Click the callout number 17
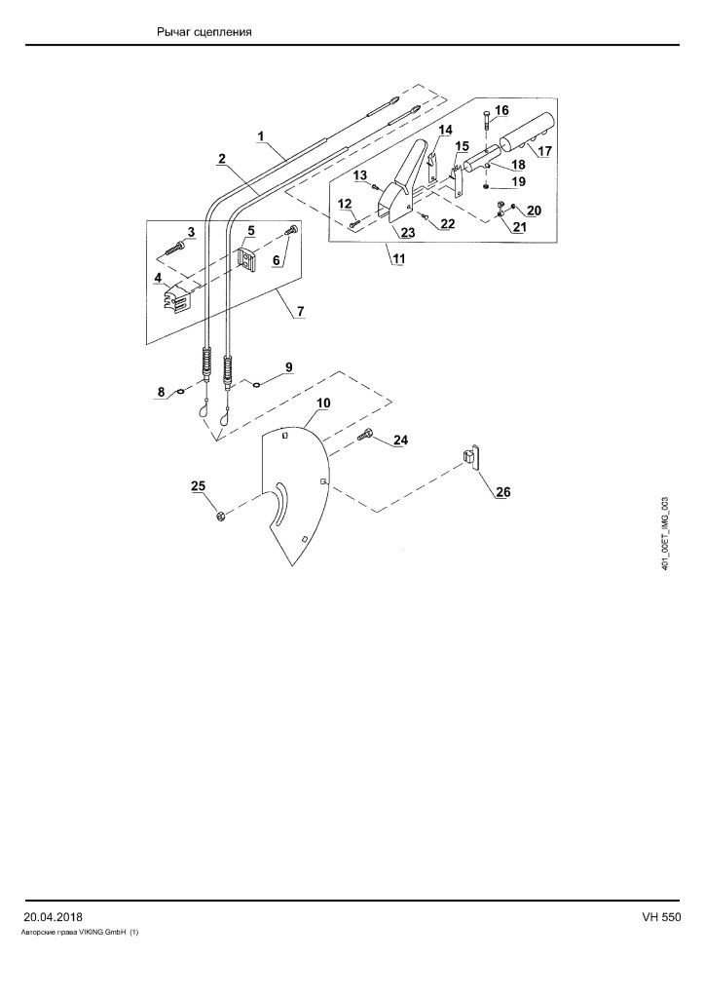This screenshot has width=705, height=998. [x=544, y=152]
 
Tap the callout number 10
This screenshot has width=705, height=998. [x=323, y=403]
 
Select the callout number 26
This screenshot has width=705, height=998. [x=502, y=492]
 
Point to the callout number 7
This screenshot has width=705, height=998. [x=300, y=311]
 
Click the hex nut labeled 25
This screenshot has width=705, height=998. [x=219, y=515]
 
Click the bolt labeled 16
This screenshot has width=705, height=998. [x=486, y=120]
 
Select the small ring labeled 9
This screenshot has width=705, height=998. [x=255, y=383]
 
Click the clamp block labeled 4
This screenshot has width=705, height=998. [x=175, y=298]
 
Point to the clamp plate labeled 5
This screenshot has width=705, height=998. [x=248, y=258]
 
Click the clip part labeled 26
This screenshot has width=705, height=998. [x=469, y=458]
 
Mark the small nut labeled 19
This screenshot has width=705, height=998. [x=486, y=187]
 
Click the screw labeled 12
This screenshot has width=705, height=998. [x=354, y=224]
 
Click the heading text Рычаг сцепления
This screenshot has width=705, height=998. [x=204, y=32]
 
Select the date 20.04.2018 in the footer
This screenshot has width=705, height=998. [x=53, y=917]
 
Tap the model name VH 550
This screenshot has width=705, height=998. [x=661, y=917]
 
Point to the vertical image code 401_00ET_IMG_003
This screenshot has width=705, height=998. [x=665, y=533]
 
